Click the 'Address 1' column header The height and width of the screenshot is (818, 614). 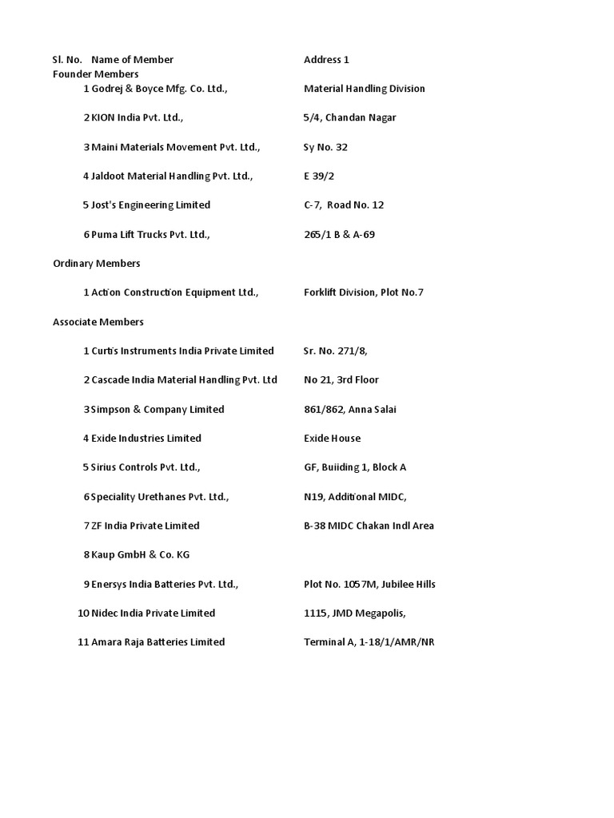pyautogui.click(x=326, y=60)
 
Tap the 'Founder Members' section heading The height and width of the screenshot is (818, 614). pyautogui.click(x=95, y=74)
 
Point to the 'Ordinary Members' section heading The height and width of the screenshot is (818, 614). pyautogui.click(x=96, y=264)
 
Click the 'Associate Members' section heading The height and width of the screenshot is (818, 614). pyautogui.click(x=98, y=322)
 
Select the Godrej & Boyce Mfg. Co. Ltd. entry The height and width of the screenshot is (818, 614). pyautogui.click(x=159, y=89)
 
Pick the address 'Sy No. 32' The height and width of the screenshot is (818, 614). pyautogui.click(x=325, y=147)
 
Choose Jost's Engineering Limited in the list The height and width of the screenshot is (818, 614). pyautogui.click(x=150, y=205)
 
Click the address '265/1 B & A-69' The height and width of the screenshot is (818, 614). pyautogui.click(x=339, y=234)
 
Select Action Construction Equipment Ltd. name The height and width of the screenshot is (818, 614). pyautogui.click(x=174, y=292)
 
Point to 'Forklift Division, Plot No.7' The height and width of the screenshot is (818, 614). pyautogui.click(x=363, y=292)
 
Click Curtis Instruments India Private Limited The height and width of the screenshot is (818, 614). pyautogui.click(x=182, y=351)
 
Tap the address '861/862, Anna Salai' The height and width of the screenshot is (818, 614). pyautogui.click(x=349, y=409)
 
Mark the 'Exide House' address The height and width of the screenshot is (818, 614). pyautogui.click(x=332, y=438)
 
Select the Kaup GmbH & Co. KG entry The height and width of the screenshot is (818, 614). pyautogui.click(x=140, y=554)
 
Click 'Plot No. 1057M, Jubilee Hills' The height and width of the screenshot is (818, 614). pyautogui.click(x=369, y=584)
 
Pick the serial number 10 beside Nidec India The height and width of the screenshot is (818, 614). pyautogui.click(x=82, y=613)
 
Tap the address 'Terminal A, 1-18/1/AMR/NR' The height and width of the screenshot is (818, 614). pyautogui.click(x=369, y=642)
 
